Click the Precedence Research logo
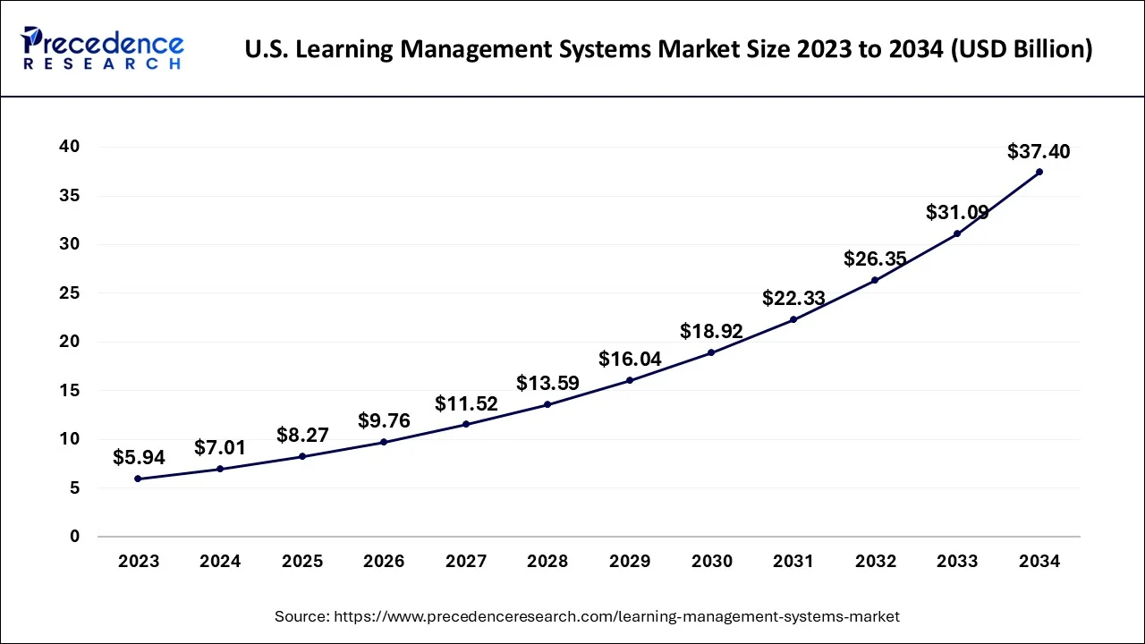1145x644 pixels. point(103,48)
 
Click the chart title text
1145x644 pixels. point(668,50)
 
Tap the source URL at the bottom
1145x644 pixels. point(587,616)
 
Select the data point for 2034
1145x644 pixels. point(1039,172)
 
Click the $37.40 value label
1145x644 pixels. point(1039,151)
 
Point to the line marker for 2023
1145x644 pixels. point(138,479)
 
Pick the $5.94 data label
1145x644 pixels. point(138,458)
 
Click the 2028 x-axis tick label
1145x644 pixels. point(547,562)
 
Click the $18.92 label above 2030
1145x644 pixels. point(711,331)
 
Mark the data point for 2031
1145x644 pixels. point(793,319)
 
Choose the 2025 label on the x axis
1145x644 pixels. point(302,562)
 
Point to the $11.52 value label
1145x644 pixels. point(466,403)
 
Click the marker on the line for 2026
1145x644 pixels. point(384,442)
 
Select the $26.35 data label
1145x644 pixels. point(875,259)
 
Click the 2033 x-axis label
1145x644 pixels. point(957,562)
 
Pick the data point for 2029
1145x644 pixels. point(630,380)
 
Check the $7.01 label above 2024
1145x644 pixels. point(220,447)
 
